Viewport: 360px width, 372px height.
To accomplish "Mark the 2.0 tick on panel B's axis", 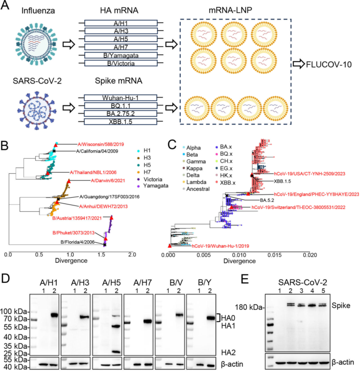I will (132, 255).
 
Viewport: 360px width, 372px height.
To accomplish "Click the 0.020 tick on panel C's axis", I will (310, 255).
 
